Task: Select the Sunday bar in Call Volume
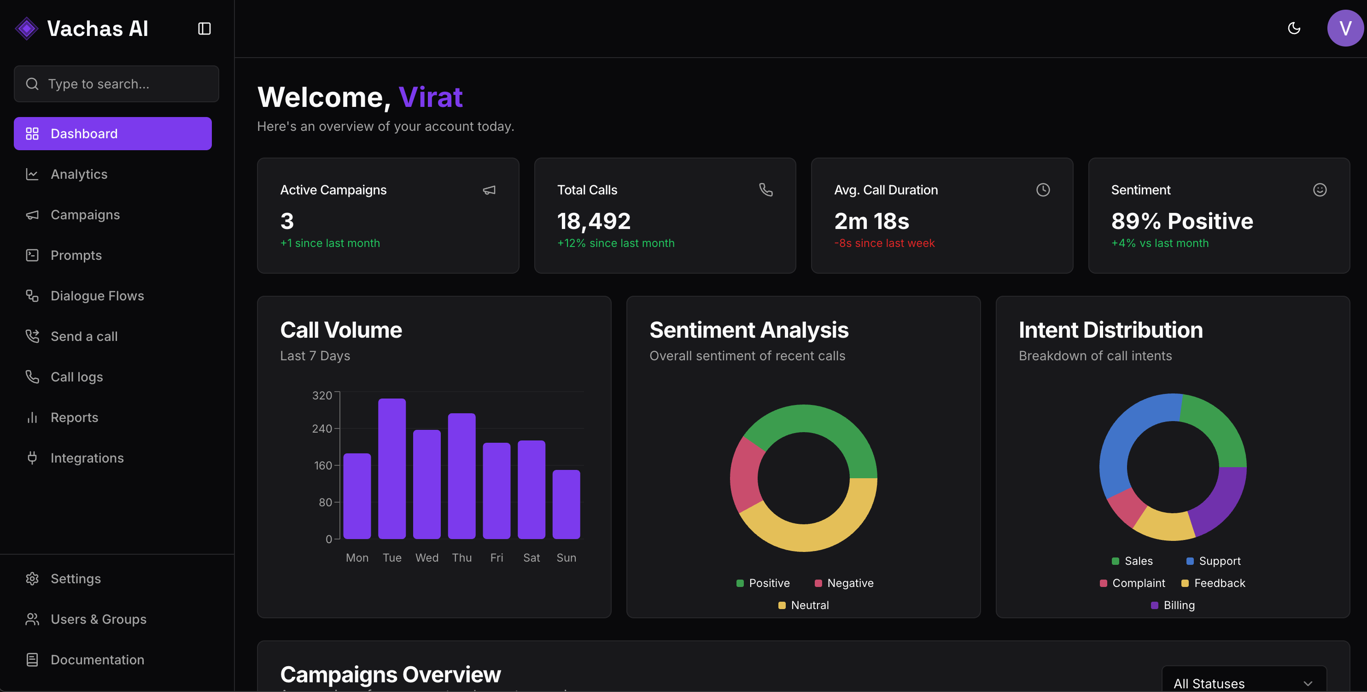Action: (566, 504)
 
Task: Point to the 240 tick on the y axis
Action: (321, 428)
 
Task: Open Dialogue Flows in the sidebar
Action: (97, 296)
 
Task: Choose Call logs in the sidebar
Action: (76, 377)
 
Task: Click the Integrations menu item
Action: (87, 458)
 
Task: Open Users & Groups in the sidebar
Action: (98, 619)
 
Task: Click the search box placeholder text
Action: (99, 84)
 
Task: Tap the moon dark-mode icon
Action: (1294, 28)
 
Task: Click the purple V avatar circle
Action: (1345, 28)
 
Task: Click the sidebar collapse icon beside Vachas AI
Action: (204, 29)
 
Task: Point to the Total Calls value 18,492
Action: (594, 221)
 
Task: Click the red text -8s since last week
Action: (884, 243)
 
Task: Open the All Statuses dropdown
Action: (1244, 682)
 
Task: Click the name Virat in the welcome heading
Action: (430, 97)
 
